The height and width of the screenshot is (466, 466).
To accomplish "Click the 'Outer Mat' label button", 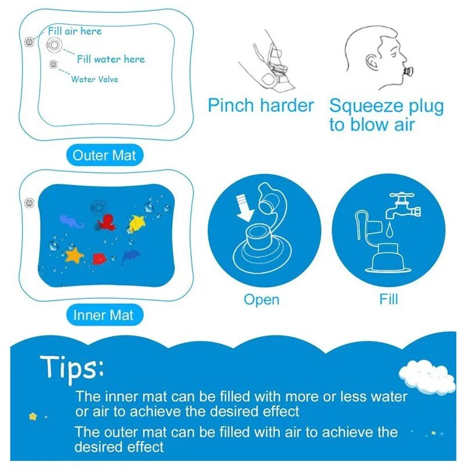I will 104,156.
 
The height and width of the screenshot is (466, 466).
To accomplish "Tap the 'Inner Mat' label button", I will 103,316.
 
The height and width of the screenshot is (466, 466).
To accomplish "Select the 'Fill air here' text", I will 74,31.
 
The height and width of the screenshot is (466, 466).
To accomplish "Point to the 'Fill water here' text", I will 111,59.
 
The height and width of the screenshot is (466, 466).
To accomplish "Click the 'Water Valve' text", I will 94,79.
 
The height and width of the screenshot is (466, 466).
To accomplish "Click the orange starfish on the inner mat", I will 75,255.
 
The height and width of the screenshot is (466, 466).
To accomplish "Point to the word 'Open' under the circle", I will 262,300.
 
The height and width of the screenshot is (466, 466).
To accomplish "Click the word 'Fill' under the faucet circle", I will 389,299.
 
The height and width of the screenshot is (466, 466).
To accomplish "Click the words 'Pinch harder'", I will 260,106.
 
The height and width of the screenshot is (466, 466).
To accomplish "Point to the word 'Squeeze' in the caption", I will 364,107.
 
